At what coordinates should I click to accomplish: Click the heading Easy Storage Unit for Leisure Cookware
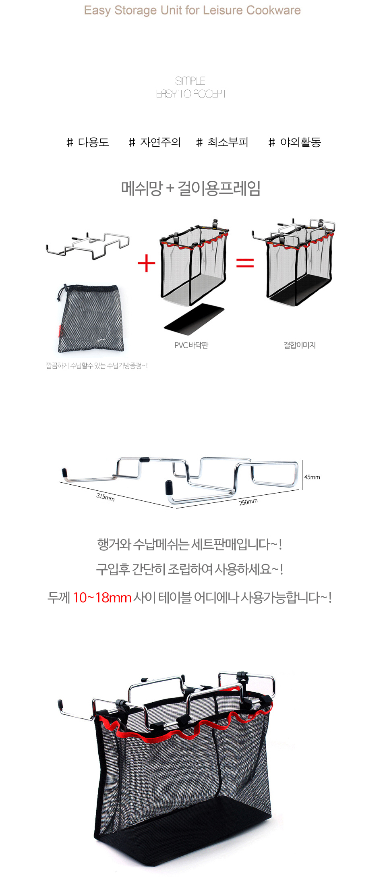pos(192,10)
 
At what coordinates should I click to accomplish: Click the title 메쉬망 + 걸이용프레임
pos(191,188)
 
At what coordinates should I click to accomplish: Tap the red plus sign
pos(146,264)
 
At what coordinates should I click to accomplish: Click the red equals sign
pos(245,263)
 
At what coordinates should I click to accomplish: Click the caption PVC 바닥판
pos(191,345)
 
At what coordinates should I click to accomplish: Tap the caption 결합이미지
pos(300,345)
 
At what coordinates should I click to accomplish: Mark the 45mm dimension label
pos(312,477)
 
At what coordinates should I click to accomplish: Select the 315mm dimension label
pos(106,497)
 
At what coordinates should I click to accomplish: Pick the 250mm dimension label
pos(248,502)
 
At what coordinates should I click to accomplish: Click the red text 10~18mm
pos(102,597)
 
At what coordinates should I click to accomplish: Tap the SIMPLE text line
pos(190,81)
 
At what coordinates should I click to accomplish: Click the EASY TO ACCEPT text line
pos(191,94)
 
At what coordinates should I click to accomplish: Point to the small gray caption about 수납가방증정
pos(97,366)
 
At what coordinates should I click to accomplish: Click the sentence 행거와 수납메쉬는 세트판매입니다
pos(190,544)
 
